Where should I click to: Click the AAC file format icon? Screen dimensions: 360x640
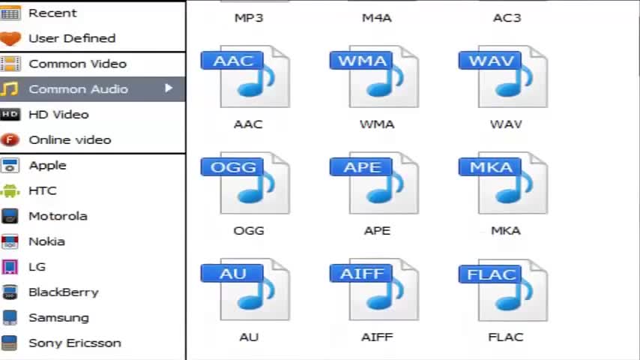pos(246,77)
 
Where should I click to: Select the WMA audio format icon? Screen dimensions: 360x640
pos(375,77)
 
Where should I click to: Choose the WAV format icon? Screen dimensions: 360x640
pos(504,77)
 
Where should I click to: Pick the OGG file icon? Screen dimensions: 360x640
pos(246,184)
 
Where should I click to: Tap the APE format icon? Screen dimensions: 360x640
pos(375,184)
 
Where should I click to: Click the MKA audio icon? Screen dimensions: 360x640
pos(504,184)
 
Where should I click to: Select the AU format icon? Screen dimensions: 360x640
pos(246,290)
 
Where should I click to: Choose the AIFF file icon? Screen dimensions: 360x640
pos(375,290)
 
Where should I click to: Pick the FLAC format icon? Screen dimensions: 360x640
pos(504,290)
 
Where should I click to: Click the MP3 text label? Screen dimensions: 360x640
pos(249,17)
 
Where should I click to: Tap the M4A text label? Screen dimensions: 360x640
pos(377,17)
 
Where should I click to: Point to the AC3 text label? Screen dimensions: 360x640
pos(507,17)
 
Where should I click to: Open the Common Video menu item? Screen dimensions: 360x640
pos(77,64)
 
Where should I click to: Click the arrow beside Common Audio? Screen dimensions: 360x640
pos(169,88)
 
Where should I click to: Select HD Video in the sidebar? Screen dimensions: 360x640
pos(58,114)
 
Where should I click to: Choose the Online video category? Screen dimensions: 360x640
pos(70,139)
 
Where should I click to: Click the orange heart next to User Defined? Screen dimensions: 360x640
pos(10,38)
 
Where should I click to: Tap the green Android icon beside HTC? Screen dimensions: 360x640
pos(10,190)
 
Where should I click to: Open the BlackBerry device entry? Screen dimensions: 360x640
pos(63,292)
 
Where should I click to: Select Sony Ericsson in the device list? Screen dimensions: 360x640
pos(74,343)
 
